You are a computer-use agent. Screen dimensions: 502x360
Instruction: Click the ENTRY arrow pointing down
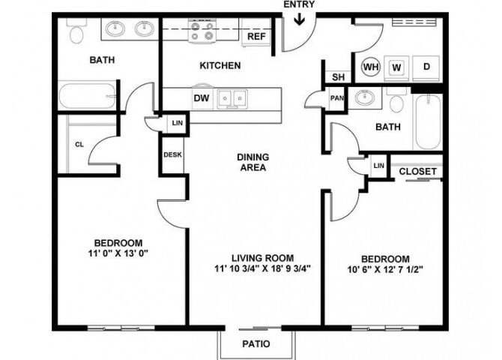300,19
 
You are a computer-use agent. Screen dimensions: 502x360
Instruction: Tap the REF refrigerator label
256,36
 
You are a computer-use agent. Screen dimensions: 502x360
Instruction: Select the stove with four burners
202,31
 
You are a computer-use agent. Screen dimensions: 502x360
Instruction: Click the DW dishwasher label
202,97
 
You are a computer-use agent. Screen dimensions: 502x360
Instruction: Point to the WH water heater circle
372,67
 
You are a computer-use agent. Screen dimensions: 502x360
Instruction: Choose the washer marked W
396,67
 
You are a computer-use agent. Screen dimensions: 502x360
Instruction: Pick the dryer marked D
426,67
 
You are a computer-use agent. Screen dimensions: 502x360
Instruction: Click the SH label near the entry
339,77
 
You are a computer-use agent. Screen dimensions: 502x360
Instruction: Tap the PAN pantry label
337,98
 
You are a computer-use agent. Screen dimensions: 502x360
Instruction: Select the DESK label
172,154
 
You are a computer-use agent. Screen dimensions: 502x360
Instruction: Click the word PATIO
256,344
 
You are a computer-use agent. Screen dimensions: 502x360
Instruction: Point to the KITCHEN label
220,65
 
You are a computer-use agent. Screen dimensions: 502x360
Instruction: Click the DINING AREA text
253,162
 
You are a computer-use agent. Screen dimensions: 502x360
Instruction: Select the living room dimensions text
263,268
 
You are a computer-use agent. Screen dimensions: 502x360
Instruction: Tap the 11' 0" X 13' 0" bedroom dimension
118,253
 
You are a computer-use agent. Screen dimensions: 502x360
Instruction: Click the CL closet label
79,145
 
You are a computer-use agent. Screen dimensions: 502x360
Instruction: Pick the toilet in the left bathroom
76,31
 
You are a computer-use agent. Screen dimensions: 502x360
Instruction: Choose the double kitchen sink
232,98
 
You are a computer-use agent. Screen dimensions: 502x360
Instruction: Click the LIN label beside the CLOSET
378,166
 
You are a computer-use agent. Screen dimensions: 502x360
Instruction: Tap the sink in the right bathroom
365,97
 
